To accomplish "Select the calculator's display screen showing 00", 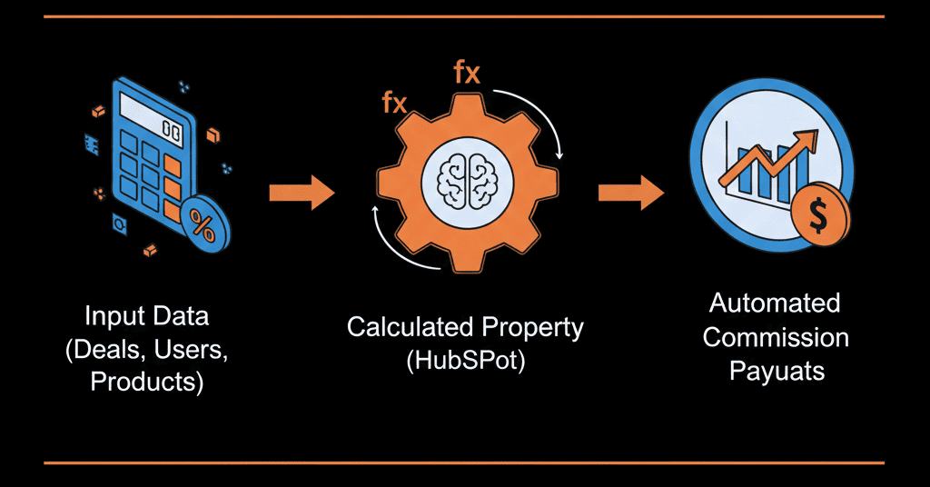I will (171, 131).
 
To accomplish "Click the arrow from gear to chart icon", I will (630, 192).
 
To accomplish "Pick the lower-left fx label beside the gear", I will (394, 103).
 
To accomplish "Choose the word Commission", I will (776, 337).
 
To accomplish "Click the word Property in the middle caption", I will (530, 328).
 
